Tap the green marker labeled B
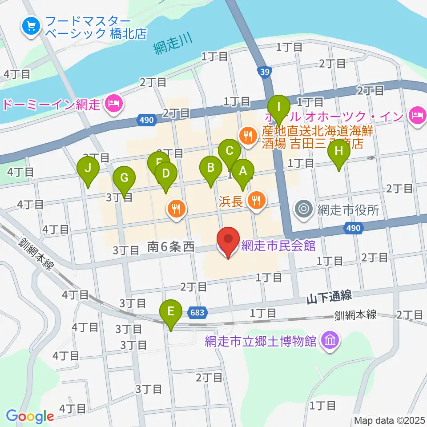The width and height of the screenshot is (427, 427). (x=211, y=168)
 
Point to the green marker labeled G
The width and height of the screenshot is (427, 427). (x=124, y=178)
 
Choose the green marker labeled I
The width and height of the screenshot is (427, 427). (x=279, y=107)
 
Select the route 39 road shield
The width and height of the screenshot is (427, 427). (x=265, y=72)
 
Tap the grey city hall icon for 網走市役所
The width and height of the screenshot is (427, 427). (x=304, y=209)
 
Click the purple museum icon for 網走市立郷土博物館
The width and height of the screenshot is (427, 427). (x=331, y=342)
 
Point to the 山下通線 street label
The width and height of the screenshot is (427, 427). (x=329, y=295)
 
